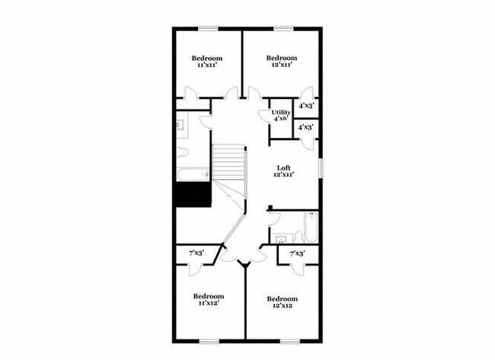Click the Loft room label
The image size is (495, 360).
tap(283, 171)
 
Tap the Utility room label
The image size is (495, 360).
tap(281, 115)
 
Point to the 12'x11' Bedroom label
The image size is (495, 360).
tap(281, 62)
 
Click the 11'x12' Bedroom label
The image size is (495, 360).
tap(208, 300)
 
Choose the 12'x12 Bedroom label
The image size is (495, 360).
tap(283, 302)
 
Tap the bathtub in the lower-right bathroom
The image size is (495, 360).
tap(310, 227)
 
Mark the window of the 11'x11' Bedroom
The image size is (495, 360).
tap(208, 30)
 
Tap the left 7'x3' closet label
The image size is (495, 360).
tap(197, 253)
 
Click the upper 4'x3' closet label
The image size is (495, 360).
tap(307, 107)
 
